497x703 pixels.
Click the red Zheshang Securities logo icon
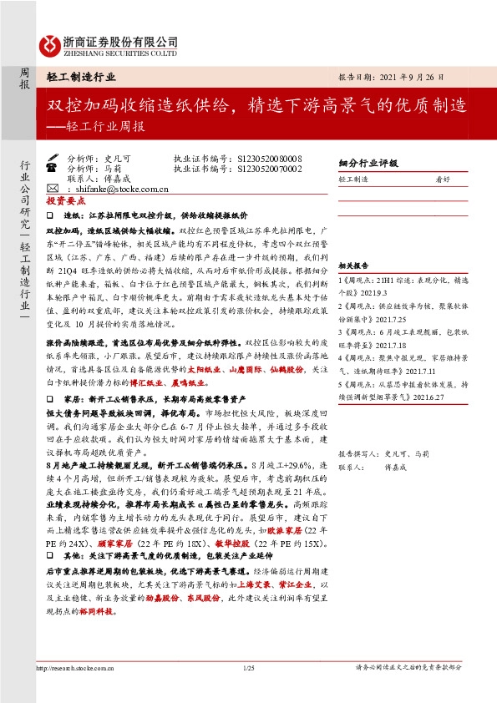[48, 45]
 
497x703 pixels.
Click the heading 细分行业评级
[368, 164]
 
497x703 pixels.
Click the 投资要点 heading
[64, 202]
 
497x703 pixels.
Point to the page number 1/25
[248, 665]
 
